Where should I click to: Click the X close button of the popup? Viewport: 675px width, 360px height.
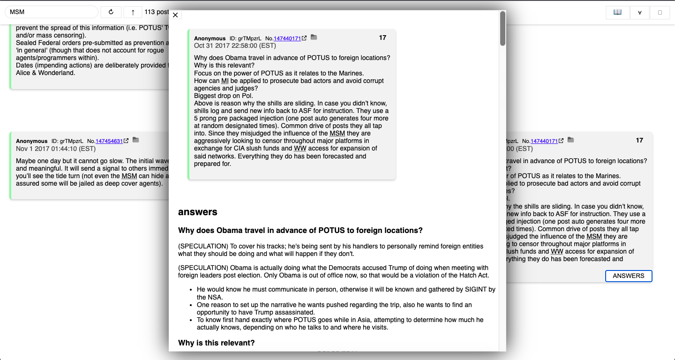tap(175, 15)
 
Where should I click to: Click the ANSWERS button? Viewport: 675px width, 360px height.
tap(628, 276)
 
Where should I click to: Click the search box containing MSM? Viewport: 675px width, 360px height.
tap(52, 12)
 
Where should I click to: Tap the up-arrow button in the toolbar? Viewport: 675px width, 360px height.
tap(133, 12)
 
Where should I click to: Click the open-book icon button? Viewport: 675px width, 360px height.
tap(617, 12)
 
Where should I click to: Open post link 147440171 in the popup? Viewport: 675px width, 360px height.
tap(287, 38)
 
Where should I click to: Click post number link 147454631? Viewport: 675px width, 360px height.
tap(109, 141)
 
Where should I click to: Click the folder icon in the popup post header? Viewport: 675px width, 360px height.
tap(314, 37)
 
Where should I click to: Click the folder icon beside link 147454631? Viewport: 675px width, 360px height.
tap(136, 140)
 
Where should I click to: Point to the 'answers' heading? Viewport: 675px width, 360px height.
tap(198, 212)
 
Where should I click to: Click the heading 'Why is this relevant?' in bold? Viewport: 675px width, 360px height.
tap(216, 343)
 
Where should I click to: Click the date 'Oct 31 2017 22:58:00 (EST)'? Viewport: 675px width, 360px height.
tap(235, 46)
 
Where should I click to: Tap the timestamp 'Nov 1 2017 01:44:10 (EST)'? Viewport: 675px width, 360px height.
tap(56, 149)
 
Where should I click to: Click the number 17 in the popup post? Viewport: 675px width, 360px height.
tap(382, 37)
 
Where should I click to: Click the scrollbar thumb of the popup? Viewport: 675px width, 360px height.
tap(502, 28)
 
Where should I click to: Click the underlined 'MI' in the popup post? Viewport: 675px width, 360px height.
tap(225, 81)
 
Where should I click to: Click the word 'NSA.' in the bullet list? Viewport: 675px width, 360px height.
tap(205, 297)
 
